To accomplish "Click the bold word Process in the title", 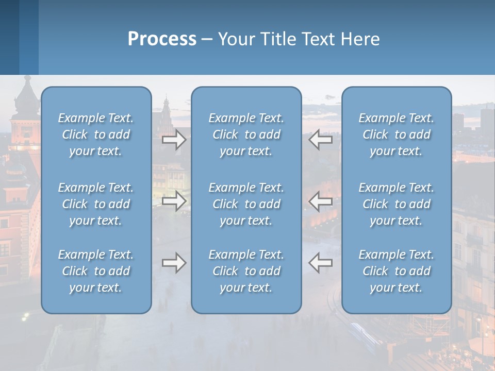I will (162, 39).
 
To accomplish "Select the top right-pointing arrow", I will (174, 140).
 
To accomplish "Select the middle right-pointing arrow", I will (174, 201).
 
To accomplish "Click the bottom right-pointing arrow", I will (174, 263).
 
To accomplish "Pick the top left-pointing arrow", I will (320, 140).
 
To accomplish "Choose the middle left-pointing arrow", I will (320, 201).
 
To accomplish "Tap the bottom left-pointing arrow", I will (320, 263).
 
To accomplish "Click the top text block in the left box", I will (96, 134).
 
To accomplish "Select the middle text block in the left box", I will (96, 204).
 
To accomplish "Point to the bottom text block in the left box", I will (96, 271).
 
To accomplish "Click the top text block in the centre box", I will (246, 134).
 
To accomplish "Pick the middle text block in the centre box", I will (246, 204).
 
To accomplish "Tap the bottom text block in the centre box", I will (246, 271).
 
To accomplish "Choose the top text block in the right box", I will (396, 134).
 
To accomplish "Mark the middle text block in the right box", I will (396, 204).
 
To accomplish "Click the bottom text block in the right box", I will (396, 271).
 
